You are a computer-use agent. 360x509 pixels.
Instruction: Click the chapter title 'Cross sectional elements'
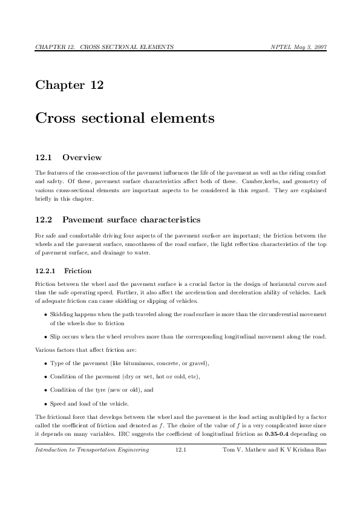coord(125,118)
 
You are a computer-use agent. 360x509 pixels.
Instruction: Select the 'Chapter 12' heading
coord(70,85)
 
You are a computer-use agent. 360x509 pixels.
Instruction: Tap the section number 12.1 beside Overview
coord(44,158)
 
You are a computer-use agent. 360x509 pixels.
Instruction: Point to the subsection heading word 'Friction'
coord(77,271)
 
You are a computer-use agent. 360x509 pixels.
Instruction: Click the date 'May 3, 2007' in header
coord(310,47)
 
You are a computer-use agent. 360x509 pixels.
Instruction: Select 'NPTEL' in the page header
coord(281,47)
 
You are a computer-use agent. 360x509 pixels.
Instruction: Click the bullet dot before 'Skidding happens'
coord(46,314)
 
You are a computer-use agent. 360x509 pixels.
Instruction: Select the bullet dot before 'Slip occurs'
coord(46,337)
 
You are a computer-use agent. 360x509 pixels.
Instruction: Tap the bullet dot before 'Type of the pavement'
coord(46,363)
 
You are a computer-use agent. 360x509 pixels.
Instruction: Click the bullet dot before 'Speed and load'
coord(46,404)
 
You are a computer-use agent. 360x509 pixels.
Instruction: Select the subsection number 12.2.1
coord(46,271)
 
